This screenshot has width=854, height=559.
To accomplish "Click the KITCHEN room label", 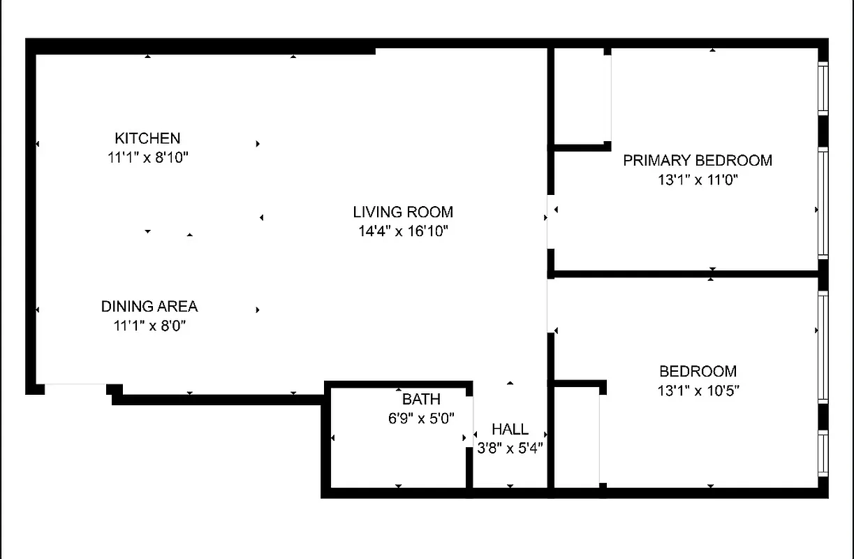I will tap(147, 138).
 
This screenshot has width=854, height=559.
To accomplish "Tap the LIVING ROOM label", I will tap(403, 212).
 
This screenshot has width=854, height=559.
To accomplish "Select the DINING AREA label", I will tap(149, 306).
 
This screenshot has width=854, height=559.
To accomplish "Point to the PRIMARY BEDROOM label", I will tap(698, 161).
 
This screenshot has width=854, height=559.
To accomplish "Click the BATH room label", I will tap(421, 400).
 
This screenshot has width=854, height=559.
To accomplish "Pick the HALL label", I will tap(510, 429).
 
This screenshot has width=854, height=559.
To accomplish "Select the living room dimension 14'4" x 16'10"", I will tap(403, 231).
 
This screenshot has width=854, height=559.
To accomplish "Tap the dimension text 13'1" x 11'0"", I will tap(698, 180).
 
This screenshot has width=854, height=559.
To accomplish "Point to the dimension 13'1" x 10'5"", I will tap(698, 391).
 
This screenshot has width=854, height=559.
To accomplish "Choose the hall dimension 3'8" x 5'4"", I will tap(510, 448).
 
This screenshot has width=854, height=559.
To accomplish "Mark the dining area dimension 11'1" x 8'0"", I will tap(149, 325).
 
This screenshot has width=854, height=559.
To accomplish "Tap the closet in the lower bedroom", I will tap(577, 436).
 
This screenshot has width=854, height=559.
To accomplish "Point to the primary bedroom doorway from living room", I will tap(550, 222).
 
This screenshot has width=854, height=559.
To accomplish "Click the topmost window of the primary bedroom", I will tap(823, 88).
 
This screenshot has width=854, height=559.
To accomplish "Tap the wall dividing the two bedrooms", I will tap(684, 274).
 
